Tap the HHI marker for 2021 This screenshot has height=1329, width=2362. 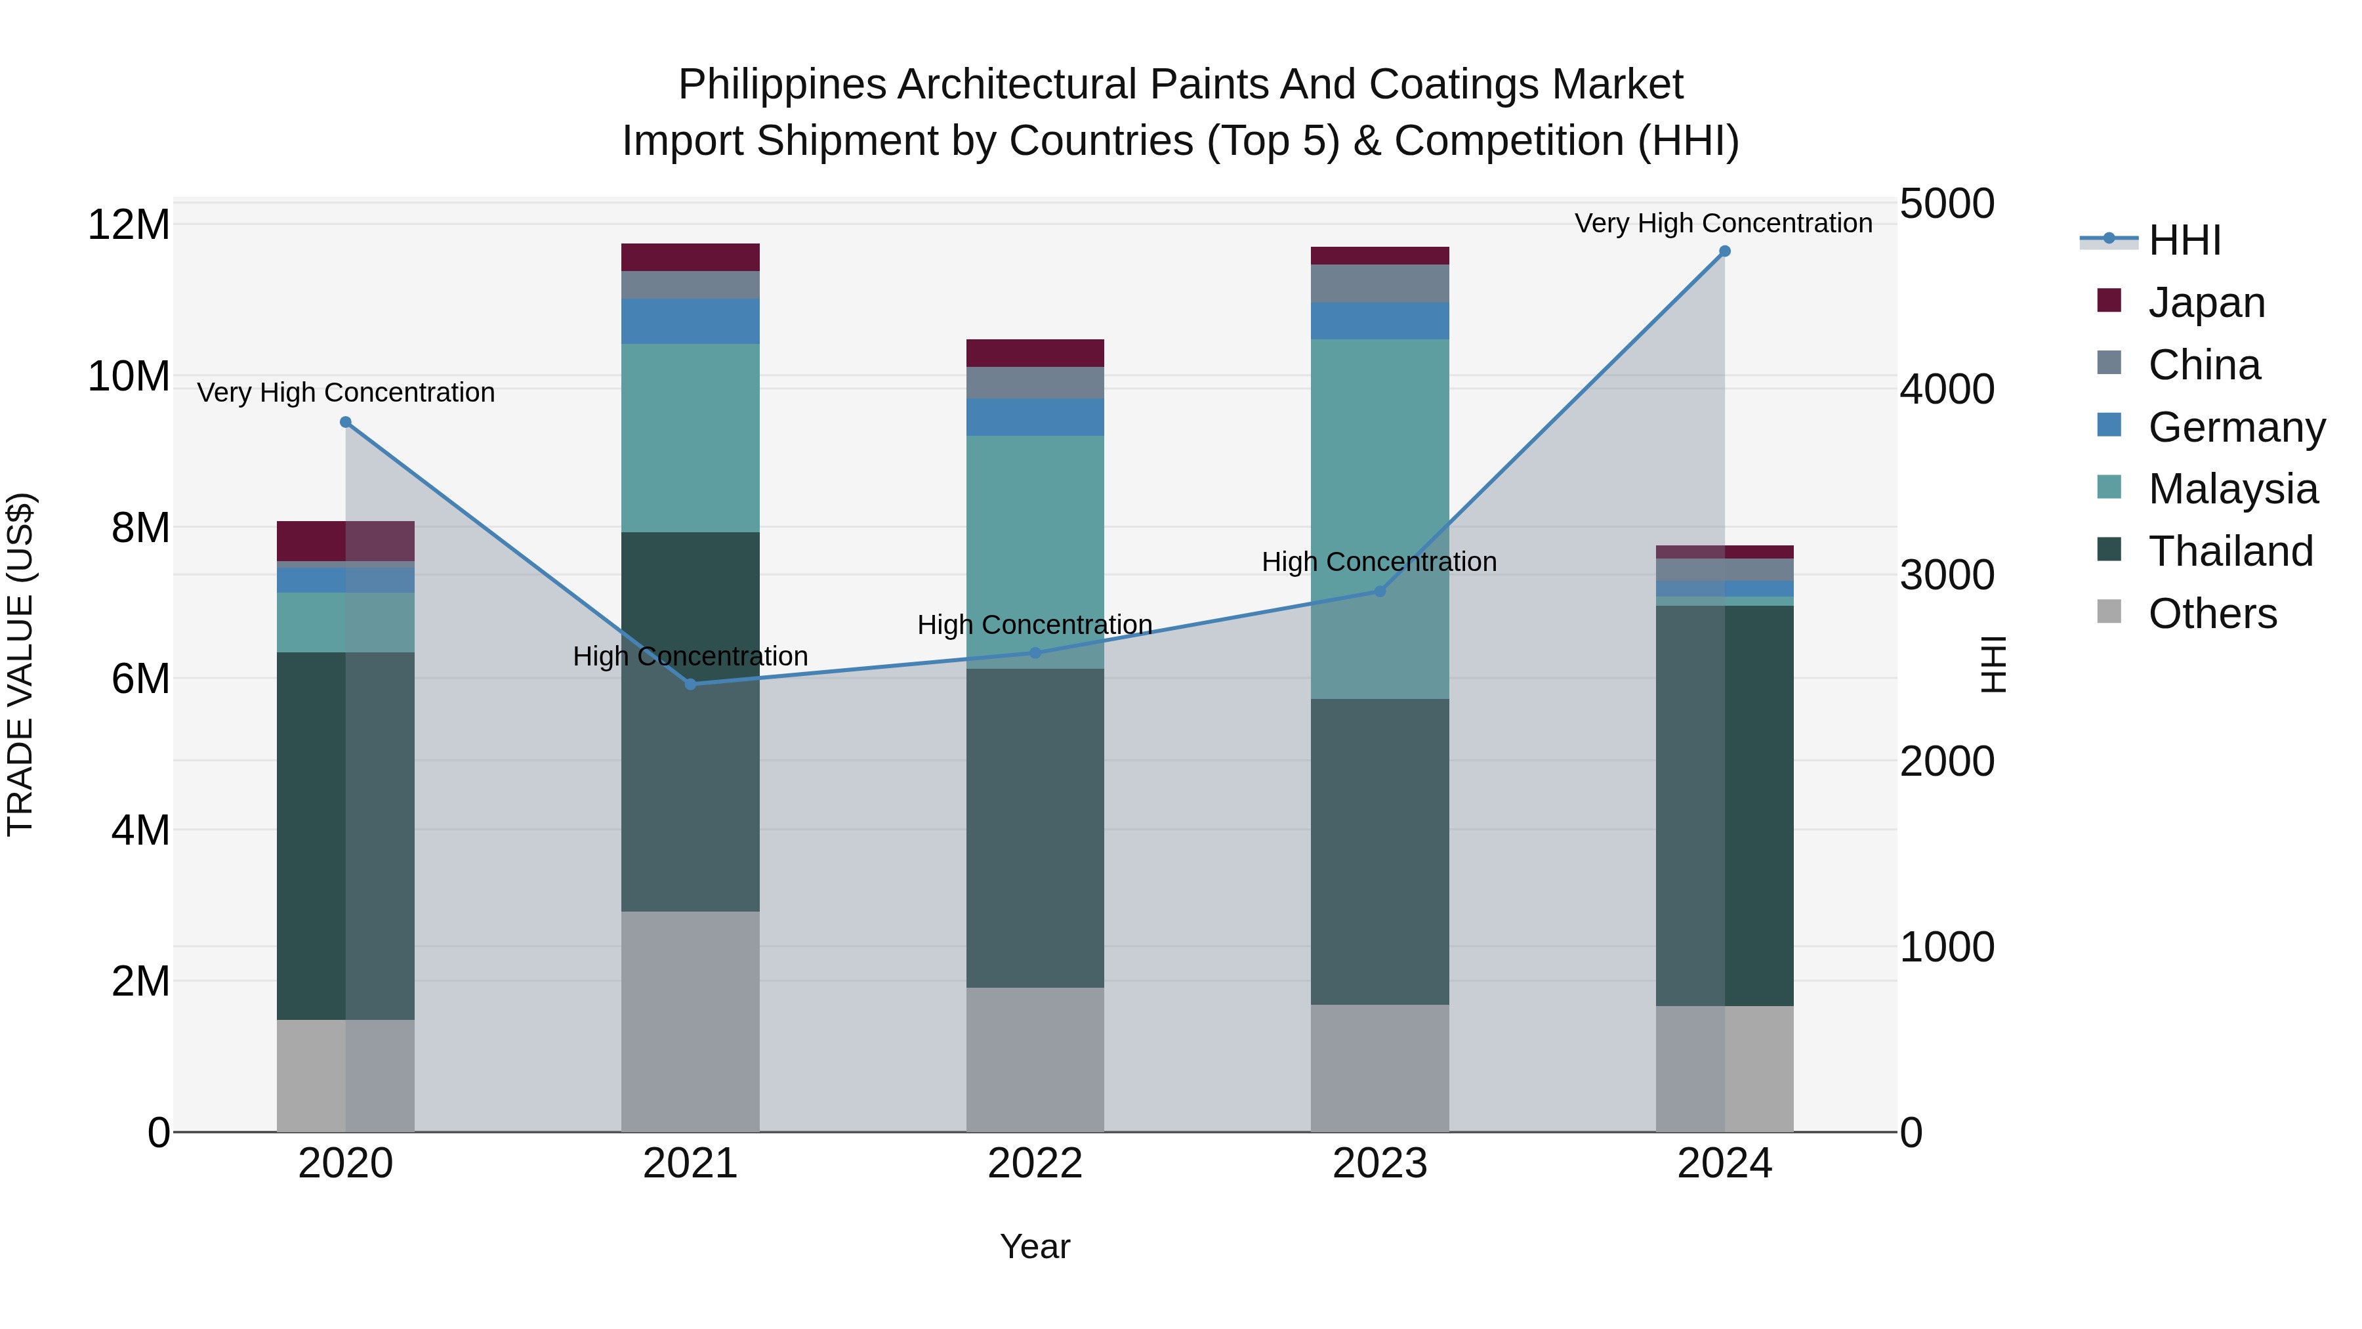(x=690, y=685)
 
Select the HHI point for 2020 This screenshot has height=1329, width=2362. (x=346, y=422)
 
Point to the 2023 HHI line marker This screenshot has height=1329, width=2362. (x=1379, y=591)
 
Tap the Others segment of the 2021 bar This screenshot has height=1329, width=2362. (x=690, y=1021)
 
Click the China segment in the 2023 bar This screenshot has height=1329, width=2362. (x=1379, y=284)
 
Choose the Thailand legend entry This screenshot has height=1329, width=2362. (x=2230, y=551)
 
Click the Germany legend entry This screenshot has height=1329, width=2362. (x=2235, y=427)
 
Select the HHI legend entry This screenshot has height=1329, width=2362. (x=2184, y=240)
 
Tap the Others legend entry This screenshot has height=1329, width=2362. (x=2212, y=614)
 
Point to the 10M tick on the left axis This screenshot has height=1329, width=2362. (x=129, y=376)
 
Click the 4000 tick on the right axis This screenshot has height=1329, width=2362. (x=1946, y=389)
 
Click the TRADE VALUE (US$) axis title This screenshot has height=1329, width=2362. (x=20, y=664)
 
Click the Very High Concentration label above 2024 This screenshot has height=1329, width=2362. (x=1723, y=223)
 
